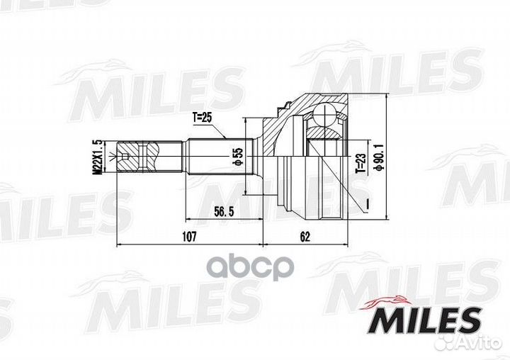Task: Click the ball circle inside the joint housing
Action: coord(327,115)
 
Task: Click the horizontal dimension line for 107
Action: coord(188,244)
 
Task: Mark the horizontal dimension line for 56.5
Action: coord(220,219)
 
